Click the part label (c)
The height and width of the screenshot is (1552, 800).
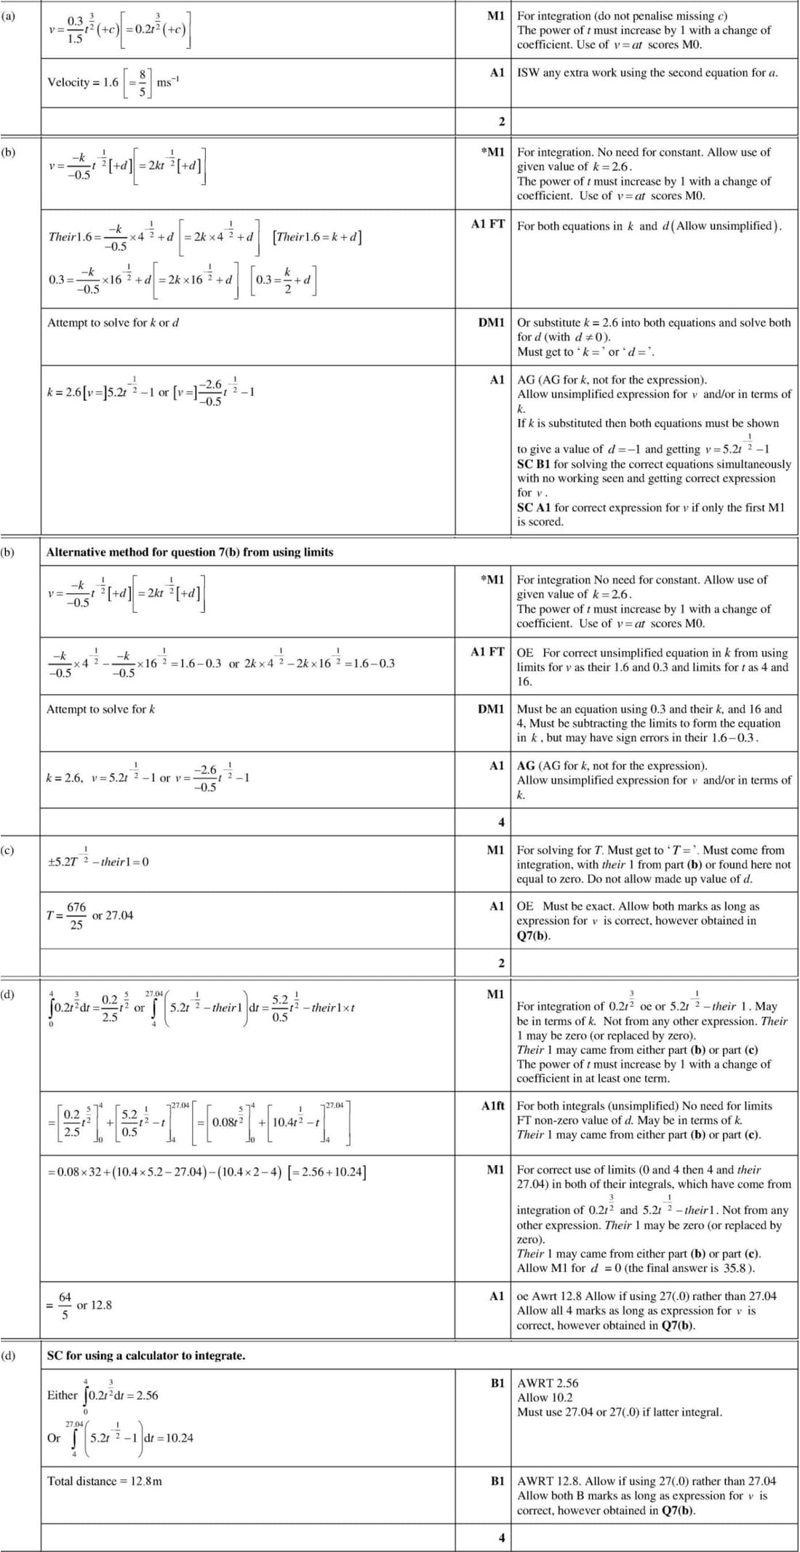pyautogui.click(x=8, y=850)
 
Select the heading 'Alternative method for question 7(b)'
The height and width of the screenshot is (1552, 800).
pyautogui.click(x=190, y=552)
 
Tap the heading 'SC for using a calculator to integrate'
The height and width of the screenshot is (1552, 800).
pyautogui.click(x=146, y=1356)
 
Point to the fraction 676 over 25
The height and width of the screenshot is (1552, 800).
pyautogui.click(x=76, y=916)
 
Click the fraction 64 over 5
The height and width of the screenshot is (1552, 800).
pyautogui.click(x=65, y=1305)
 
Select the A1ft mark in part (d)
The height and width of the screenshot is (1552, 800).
pyautogui.click(x=492, y=1105)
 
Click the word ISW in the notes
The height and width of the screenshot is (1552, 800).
pyautogui.click(x=528, y=73)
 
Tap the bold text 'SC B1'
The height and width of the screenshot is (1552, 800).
pyautogui.click(x=535, y=464)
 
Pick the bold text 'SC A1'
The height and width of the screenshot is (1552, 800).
pyautogui.click(x=535, y=507)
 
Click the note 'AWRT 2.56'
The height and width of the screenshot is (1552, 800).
pyautogui.click(x=548, y=1383)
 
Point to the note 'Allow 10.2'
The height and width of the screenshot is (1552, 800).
pyautogui.click(x=545, y=1397)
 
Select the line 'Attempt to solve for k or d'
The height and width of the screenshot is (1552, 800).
pyautogui.click(x=113, y=322)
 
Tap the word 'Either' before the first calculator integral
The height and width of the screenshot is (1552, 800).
pyautogui.click(x=62, y=1395)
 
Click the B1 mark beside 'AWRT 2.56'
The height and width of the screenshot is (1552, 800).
pyautogui.click(x=497, y=1383)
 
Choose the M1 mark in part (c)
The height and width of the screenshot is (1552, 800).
pyautogui.click(x=495, y=850)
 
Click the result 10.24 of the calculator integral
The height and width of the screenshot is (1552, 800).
pyautogui.click(x=179, y=1438)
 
